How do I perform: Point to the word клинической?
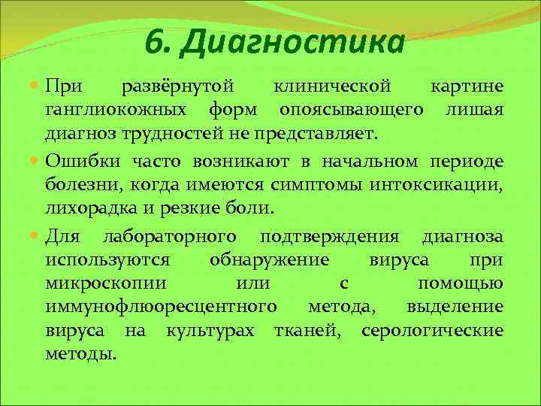click(x=333, y=88)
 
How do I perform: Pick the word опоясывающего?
click(x=349, y=111)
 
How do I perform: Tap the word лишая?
click(x=474, y=111)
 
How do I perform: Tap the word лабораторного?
click(x=169, y=237)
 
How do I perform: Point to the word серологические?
click(x=432, y=330)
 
